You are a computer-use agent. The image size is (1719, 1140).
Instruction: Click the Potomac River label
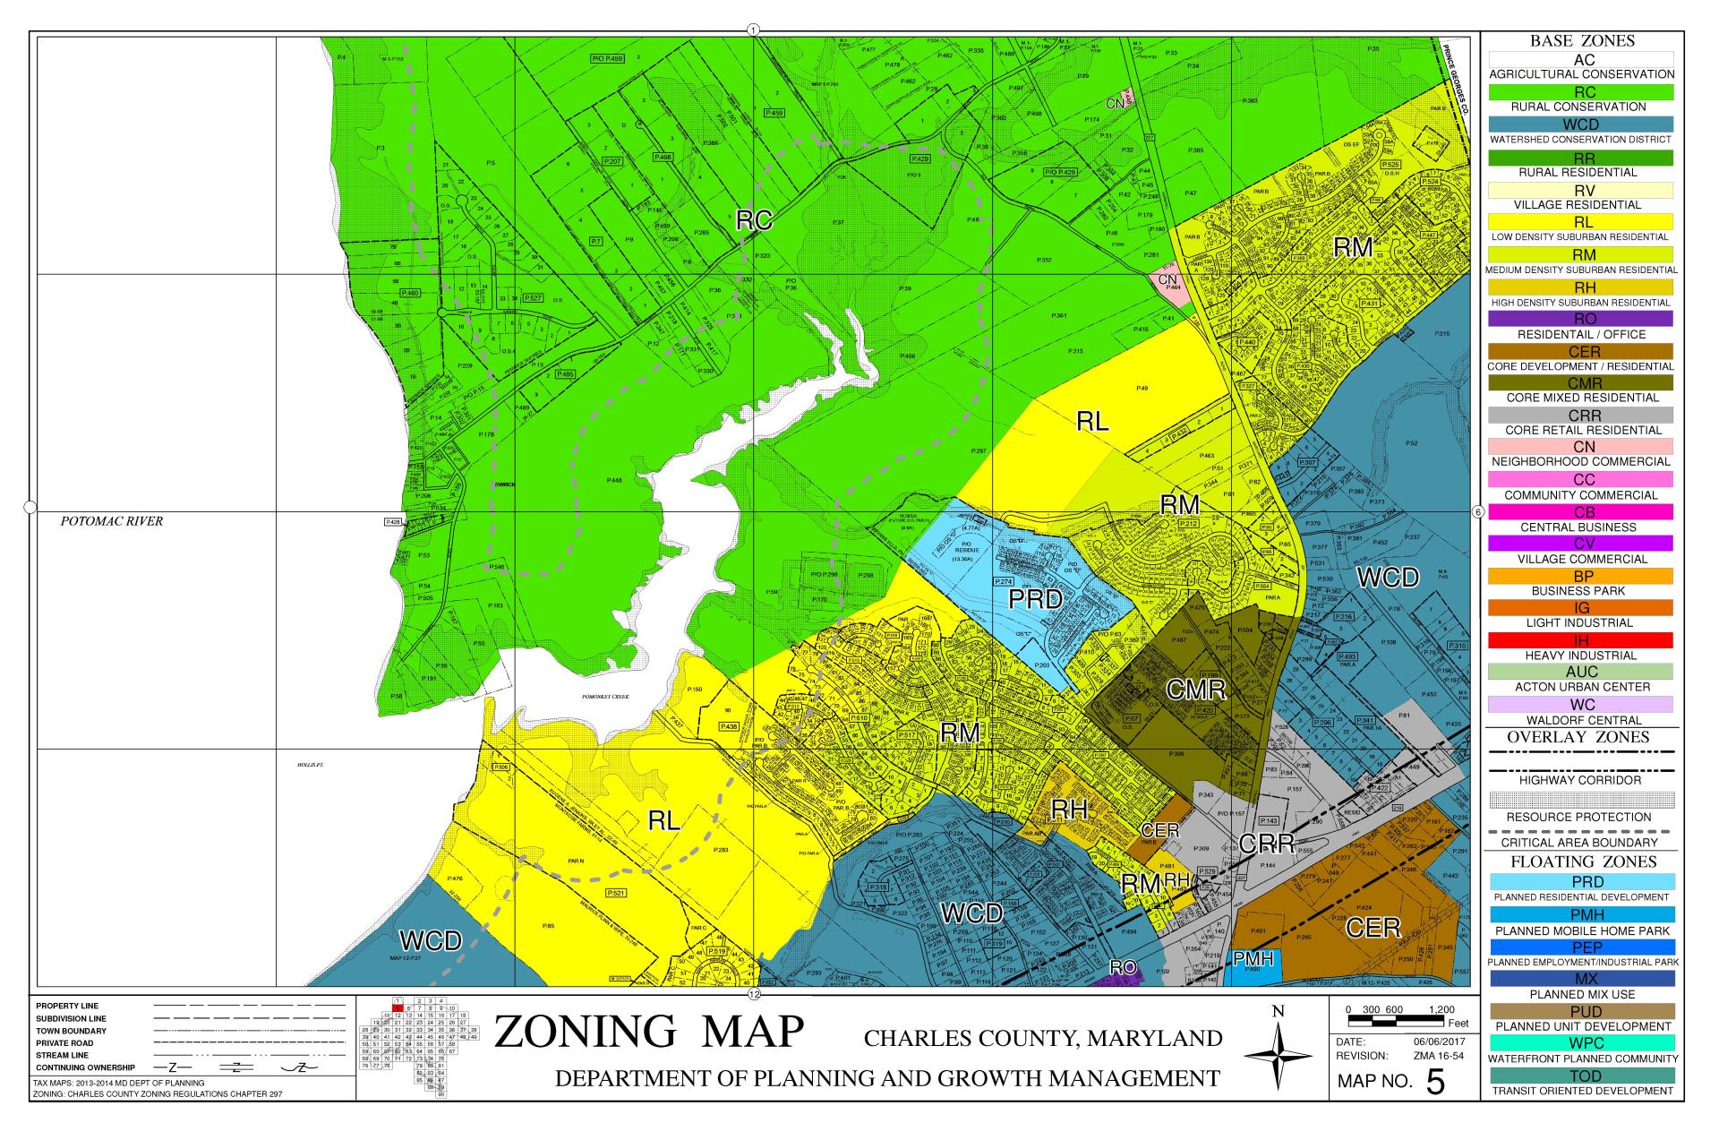pyautogui.click(x=112, y=521)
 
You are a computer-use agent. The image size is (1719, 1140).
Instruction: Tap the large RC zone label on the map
pyautogui.click(x=754, y=220)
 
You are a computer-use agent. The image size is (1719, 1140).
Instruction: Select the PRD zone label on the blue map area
pyautogui.click(x=1035, y=599)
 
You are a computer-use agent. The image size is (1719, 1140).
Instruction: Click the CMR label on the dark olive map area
pyautogui.click(x=1195, y=690)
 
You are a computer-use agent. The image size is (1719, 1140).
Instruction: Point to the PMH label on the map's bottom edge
pyautogui.click(x=1253, y=959)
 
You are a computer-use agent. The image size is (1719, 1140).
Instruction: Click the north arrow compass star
pyautogui.click(x=1278, y=1058)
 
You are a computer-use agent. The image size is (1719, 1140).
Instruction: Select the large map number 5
pyautogui.click(x=1435, y=1082)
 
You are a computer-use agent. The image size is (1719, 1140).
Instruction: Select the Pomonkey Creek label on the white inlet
pyautogui.click(x=605, y=697)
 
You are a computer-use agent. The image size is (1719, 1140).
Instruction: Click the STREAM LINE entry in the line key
pyautogui.click(x=63, y=1055)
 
